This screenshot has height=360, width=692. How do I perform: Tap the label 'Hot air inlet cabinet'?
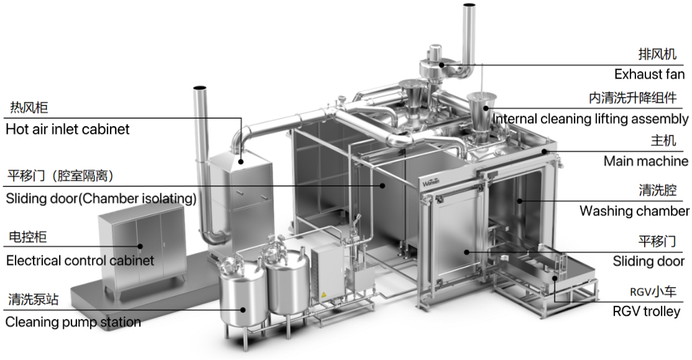[67, 129]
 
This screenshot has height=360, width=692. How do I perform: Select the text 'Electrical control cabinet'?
[80, 260]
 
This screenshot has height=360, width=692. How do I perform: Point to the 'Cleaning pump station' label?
[73, 322]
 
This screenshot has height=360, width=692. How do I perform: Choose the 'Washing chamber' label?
[634, 211]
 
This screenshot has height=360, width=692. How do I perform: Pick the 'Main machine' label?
[645, 161]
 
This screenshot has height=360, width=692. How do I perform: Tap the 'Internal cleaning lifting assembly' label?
[590, 118]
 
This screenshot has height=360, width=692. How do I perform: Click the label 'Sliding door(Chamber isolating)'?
[101, 199]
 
